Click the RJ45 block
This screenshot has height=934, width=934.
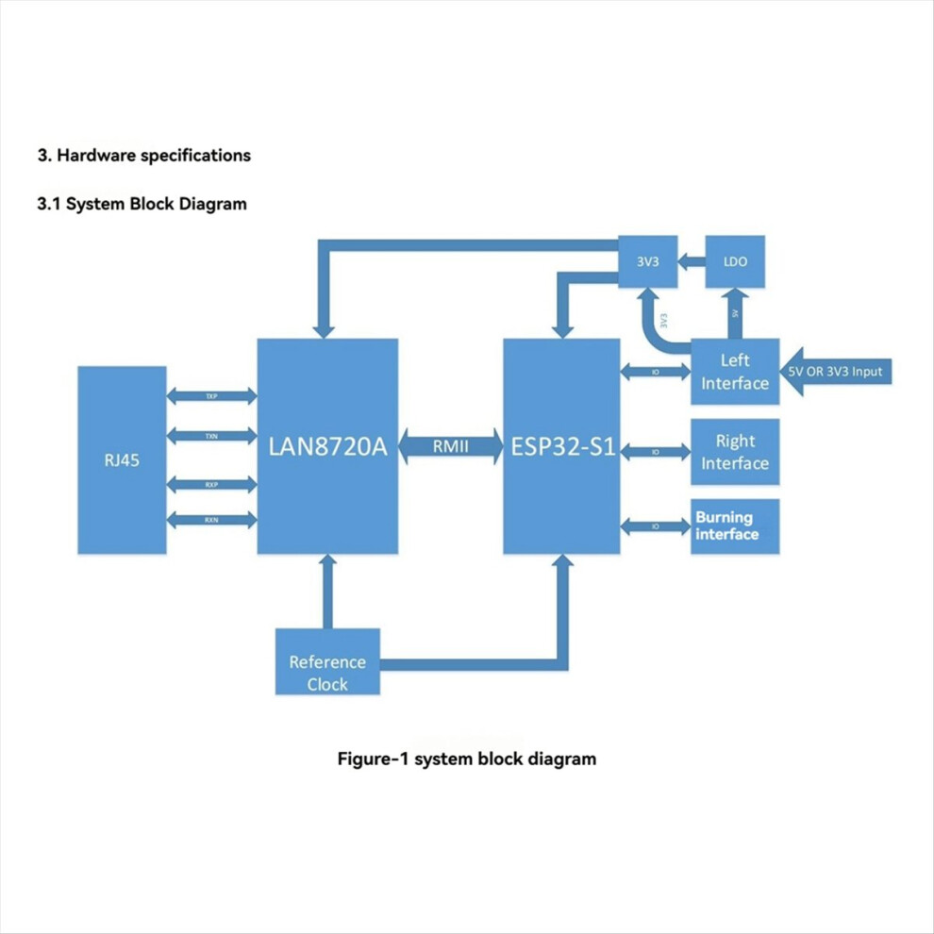click(122, 459)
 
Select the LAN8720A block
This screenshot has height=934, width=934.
click(327, 446)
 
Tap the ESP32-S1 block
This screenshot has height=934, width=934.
click(561, 446)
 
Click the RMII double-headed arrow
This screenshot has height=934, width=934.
click(450, 447)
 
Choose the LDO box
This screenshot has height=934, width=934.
click(735, 261)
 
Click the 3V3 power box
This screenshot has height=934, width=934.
click(648, 261)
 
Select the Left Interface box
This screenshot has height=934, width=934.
click(735, 372)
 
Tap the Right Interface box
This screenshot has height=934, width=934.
click(735, 452)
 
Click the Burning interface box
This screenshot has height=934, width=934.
click(735, 526)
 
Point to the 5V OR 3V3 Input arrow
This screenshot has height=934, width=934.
click(835, 372)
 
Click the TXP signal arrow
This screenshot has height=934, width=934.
click(211, 396)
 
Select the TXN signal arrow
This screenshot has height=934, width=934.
click(211, 436)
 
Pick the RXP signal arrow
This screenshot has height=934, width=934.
click(211, 484)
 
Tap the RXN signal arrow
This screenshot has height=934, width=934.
click(211, 520)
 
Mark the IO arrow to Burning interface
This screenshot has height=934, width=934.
click(656, 526)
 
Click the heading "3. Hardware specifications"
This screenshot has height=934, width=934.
click(143, 156)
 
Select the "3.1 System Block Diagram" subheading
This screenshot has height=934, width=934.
click(142, 203)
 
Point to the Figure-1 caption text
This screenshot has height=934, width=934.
click(467, 758)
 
